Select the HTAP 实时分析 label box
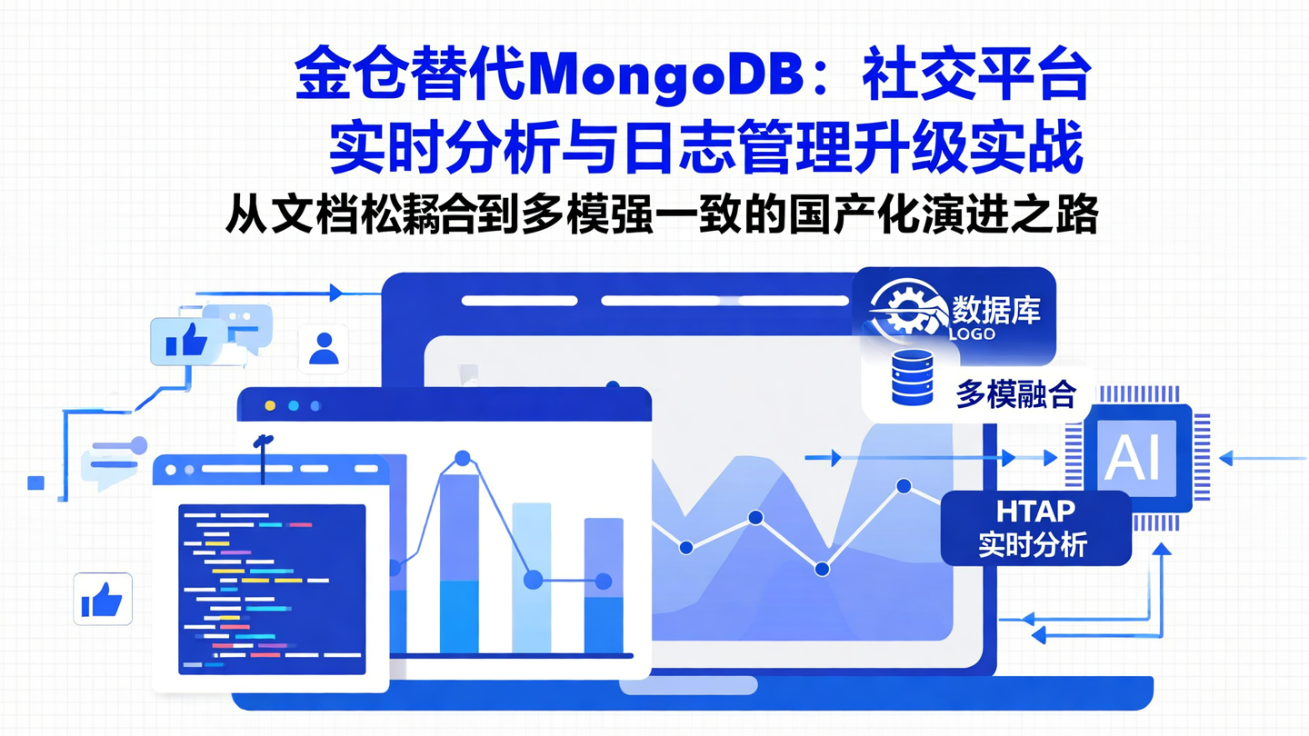(1035, 528)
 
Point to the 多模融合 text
(1015, 394)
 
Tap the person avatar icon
(323, 349)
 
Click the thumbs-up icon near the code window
(102, 600)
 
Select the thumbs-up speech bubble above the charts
(185, 343)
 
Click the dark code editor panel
(272, 589)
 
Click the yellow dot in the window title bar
(269, 406)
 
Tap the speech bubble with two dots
(244, 323)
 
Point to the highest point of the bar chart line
(462, 459)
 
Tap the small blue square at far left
(36, 482)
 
